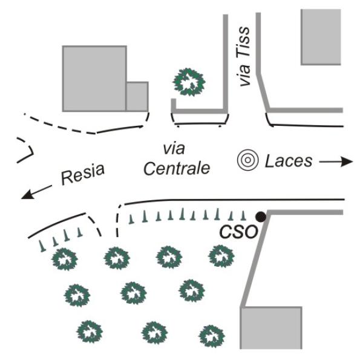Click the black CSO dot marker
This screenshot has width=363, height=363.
pos(260,217)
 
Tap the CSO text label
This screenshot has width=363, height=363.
pos(238,232)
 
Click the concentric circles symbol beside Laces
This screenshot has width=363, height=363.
pos(247,161)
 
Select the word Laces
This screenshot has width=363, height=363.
pos(288,161)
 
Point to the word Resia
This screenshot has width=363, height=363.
pos(82,175)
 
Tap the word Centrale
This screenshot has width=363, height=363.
pos(177,168)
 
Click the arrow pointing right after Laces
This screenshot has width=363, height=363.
pos(337,162)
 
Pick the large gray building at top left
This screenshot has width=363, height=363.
pos(94,78)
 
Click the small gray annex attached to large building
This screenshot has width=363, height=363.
pos(137,96)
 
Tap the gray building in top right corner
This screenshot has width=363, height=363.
pos(322,36)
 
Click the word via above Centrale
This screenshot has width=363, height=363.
pos(173,148)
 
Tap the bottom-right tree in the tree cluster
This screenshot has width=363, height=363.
pos(209,336)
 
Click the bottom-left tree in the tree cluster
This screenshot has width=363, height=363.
pos(90,332)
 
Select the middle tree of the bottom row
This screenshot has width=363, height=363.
pos(151,332)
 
